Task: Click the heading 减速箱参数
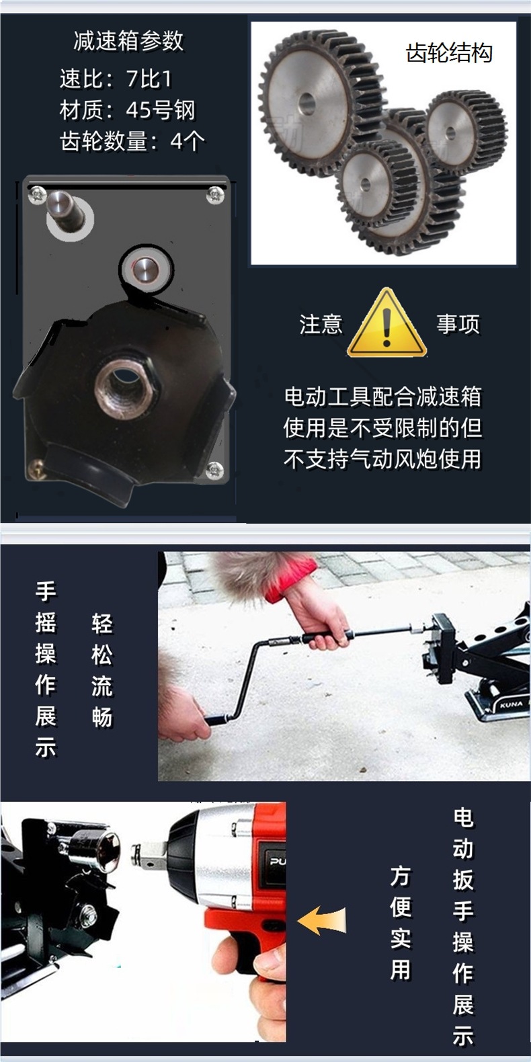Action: [128, 41]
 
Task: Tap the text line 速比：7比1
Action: [116, 79]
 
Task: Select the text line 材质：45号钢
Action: [127, 110]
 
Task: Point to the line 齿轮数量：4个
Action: [132, 140]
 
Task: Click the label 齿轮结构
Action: [449, 52]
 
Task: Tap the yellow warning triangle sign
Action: [387, 323]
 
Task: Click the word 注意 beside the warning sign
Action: [321, 324]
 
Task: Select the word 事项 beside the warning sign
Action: [458, 324]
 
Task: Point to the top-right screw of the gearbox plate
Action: [216, 194]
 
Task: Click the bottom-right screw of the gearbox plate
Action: [215, 471]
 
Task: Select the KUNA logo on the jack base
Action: [511, 704]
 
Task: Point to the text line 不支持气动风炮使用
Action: [382, 459]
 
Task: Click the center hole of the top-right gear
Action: [451, 133]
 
